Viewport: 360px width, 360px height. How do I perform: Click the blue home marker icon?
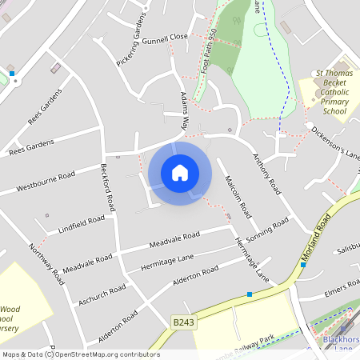180,173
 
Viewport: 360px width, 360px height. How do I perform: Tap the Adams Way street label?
185,111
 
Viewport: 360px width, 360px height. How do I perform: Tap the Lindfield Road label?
82,225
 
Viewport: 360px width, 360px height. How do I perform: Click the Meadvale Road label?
175,239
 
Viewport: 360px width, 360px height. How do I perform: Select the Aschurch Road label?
102,294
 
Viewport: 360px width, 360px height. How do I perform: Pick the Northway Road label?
46,265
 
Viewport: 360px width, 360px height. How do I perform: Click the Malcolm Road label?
238,197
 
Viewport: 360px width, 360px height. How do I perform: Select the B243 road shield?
184,322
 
